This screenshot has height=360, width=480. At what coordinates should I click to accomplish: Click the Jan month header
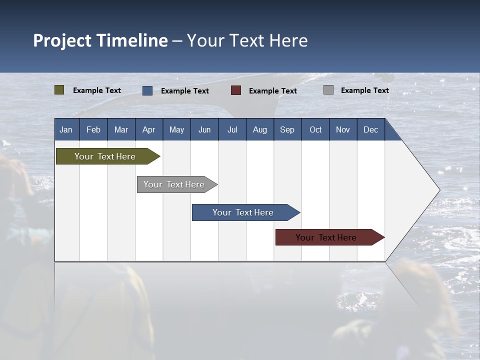point(66,129)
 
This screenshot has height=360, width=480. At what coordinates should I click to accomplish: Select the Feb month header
point(93,129)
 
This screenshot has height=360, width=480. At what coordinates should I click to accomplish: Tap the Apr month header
point(148,129)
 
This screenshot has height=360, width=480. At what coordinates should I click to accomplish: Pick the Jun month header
point(204,129)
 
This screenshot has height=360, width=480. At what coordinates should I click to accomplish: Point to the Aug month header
point(259,129)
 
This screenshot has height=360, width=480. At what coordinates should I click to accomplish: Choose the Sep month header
point(287,129)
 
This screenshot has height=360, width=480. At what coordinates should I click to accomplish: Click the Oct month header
point(315,129)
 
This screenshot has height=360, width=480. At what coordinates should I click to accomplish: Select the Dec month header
point(370,129)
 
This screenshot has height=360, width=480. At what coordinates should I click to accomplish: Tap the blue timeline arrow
point(243,212)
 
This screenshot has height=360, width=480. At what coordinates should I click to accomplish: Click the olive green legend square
point(59,90)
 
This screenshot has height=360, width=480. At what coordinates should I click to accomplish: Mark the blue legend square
point(147,90)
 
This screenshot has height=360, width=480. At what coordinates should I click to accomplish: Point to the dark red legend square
point(236,90)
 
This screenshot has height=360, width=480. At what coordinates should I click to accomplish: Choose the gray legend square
point(328,90)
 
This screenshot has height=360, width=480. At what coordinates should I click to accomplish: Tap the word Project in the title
point(62,40)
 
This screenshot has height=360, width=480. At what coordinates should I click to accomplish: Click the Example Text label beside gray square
point(364,90)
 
